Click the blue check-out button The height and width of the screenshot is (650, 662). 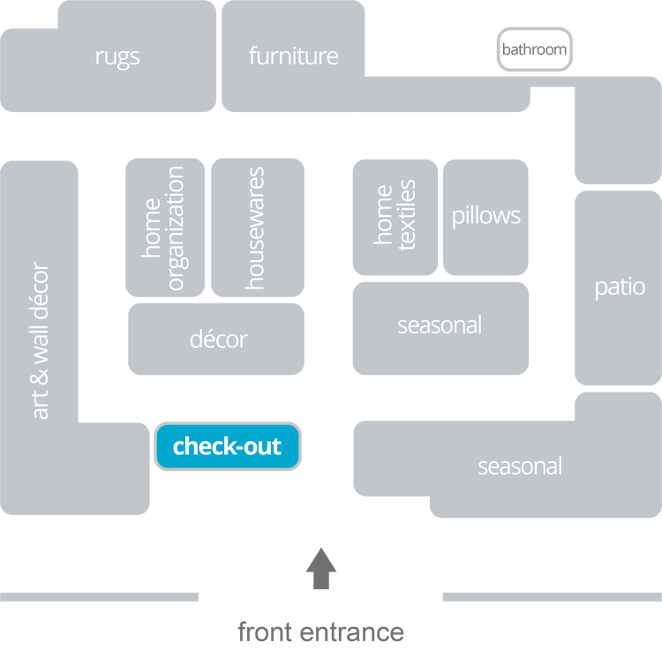tap(228, 446)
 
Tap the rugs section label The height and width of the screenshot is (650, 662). tap(117, 57)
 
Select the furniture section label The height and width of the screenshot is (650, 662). tap(293, 56)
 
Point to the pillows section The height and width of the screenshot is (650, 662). tap(485, 216)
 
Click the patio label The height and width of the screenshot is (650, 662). tap(619, 288)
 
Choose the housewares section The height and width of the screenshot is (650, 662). tap(255, 228)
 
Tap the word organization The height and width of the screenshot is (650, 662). tap(175, 228)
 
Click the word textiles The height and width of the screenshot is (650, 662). tap(407, 216)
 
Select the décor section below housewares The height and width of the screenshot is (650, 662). tap(217, 340)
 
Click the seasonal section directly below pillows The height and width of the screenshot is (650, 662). tap(440, 325)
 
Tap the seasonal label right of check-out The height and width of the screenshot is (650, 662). tap(519, 466)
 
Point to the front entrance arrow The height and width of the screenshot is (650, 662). tap(320, 568)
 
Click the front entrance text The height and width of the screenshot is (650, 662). tap(320, 631)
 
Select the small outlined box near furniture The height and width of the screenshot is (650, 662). tap(534, 49)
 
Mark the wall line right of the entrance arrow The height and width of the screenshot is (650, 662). tap(551, 597)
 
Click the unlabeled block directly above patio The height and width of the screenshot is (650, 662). tap(616, 132)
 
